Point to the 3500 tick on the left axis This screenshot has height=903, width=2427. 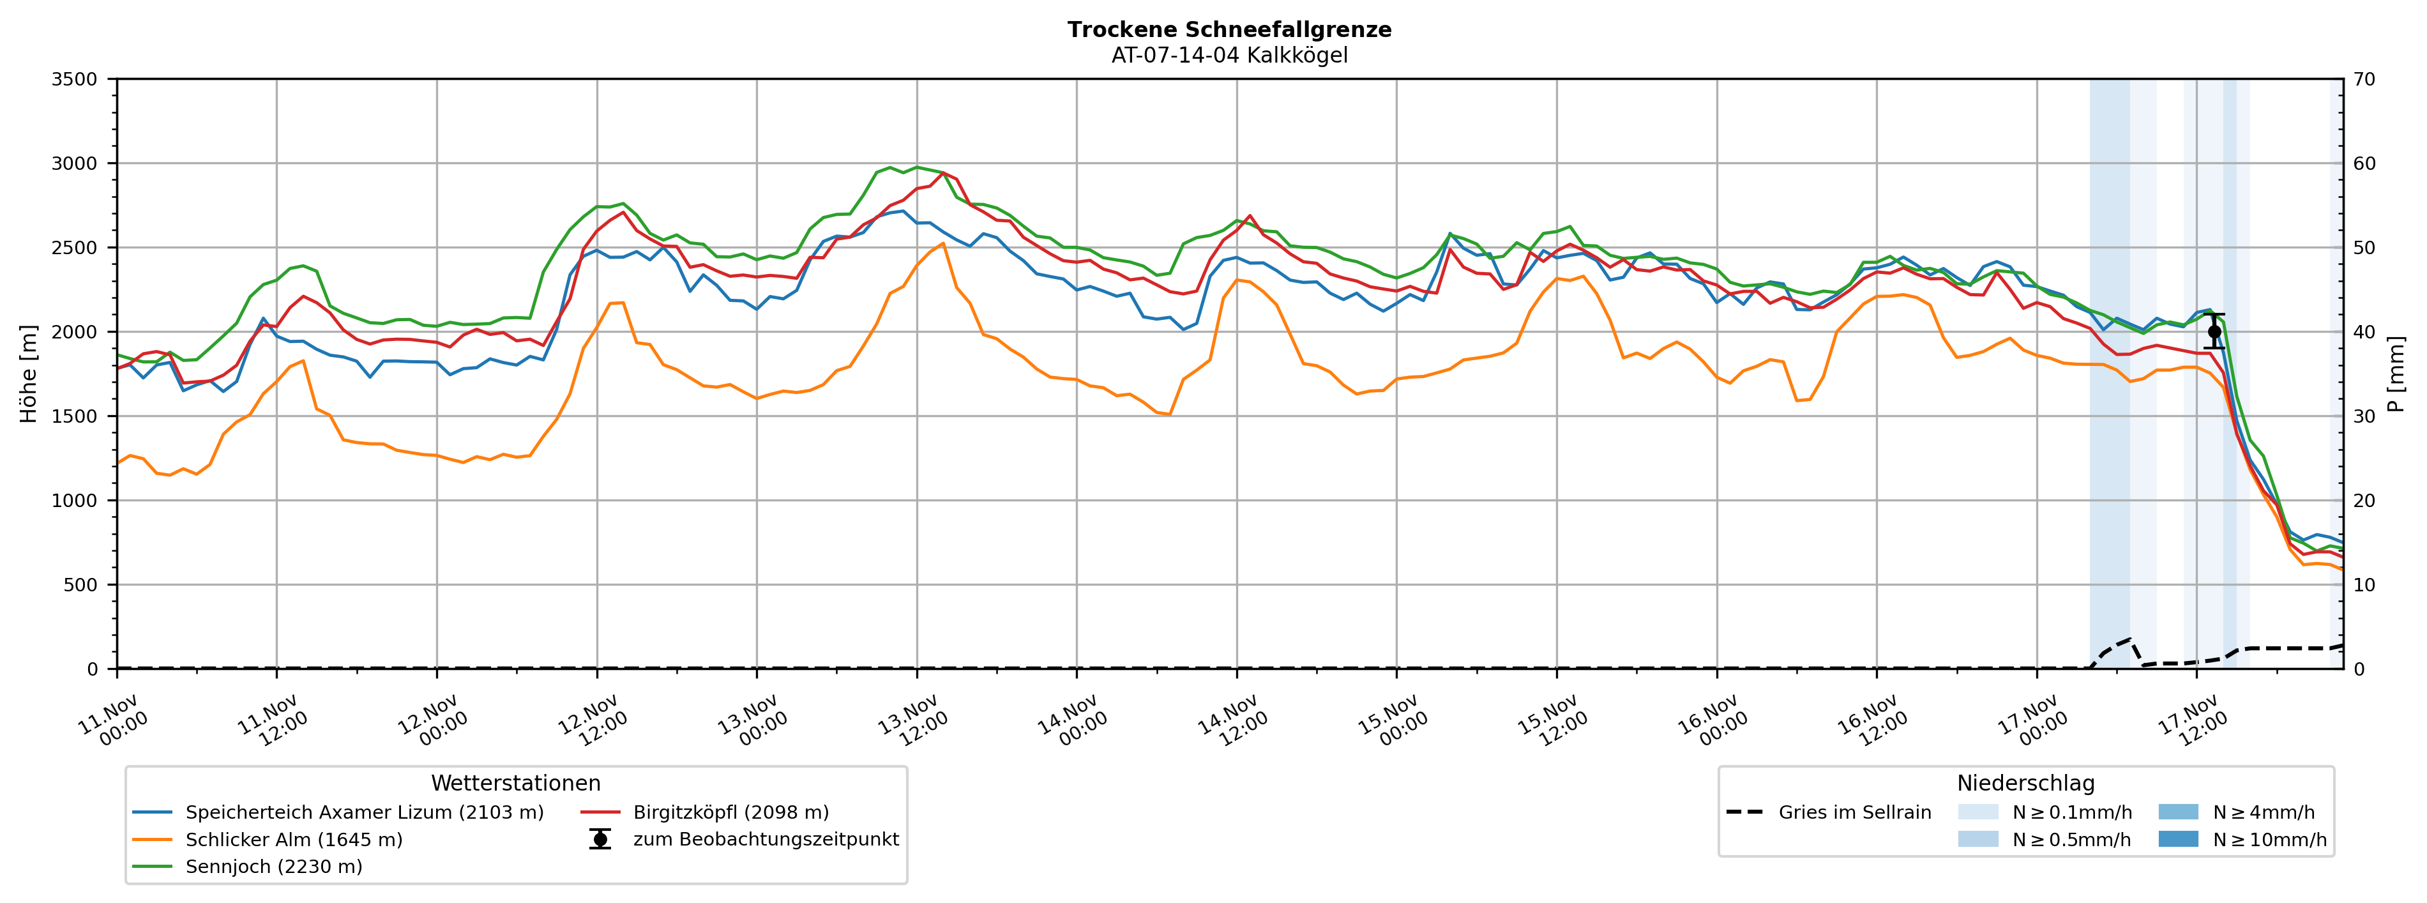pyautogui.click(x=75, y=79)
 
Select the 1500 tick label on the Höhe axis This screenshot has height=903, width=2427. pyautogui.click(x=75, y=416)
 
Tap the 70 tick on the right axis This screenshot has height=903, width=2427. pyautogui.click(x=2365, y=79)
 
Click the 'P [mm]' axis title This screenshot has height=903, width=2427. pyautogui.click(x=2396, y=374)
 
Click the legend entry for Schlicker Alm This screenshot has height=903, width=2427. pyautogui.click(x=293, y=840)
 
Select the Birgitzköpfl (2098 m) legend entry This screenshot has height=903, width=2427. pyautogui.click(x=730, y=812)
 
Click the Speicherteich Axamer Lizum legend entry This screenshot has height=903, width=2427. pyautogui.click(x=364, y=812)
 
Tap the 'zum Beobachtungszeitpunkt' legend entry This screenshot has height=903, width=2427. pyautogui.click(x=765, y=840)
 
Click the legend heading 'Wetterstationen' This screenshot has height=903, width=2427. pyautogui.click(x=515, y=784)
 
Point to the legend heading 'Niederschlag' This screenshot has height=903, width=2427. pyautogui.click(x=2025, y=784)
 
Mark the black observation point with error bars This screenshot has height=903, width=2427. pyautogui.click(x=2214, y=332)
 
